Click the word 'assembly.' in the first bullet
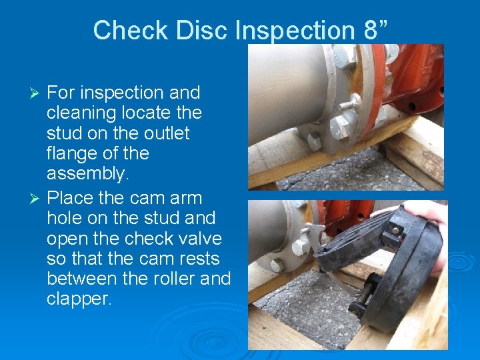pyautogui.click(x=87, y=173)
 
